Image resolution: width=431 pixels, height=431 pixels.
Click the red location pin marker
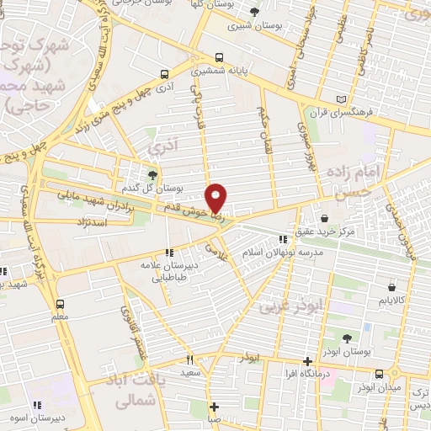tap(217, 198)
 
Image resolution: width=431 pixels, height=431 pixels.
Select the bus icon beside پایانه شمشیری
tap(220, 57)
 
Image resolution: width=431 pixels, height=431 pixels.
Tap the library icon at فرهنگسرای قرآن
tap(341, 98)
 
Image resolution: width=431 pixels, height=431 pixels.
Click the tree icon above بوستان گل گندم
tap(152, 174)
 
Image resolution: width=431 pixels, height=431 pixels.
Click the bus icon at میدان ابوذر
tap(380, 373)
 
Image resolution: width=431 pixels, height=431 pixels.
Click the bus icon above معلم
tap(60, 304)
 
